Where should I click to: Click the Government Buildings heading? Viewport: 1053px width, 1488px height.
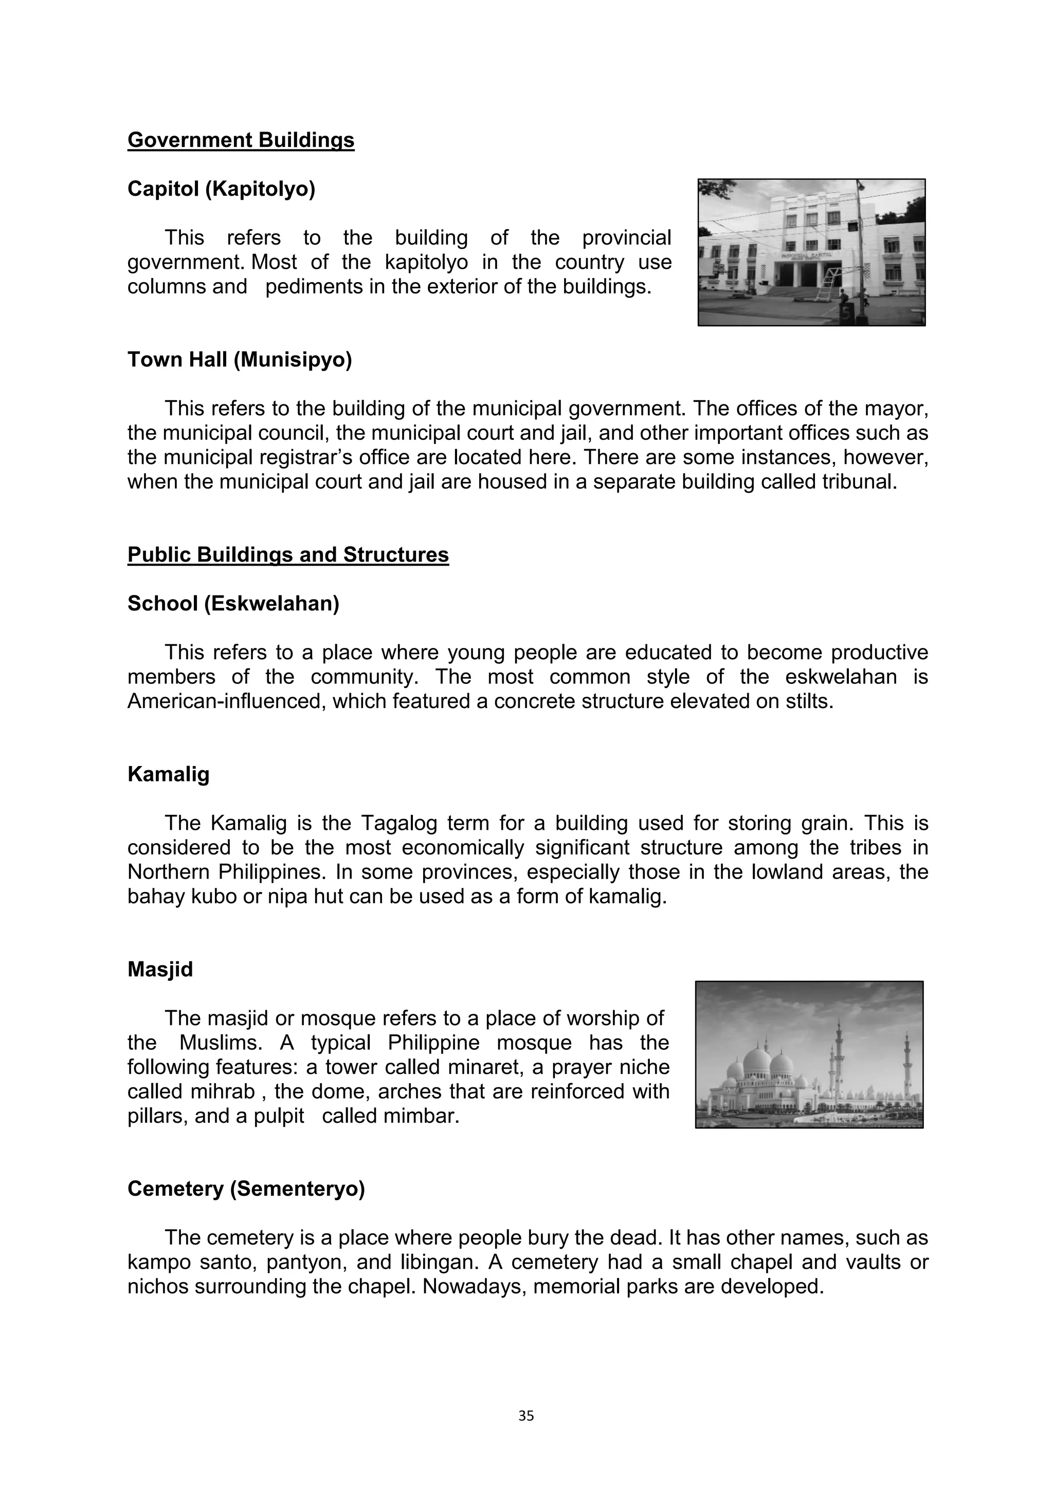(241, 140)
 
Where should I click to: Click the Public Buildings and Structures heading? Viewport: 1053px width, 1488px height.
(288, 555)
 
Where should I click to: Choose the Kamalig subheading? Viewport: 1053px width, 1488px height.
(169, 774)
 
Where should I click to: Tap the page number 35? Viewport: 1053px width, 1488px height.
(526, 1416)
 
